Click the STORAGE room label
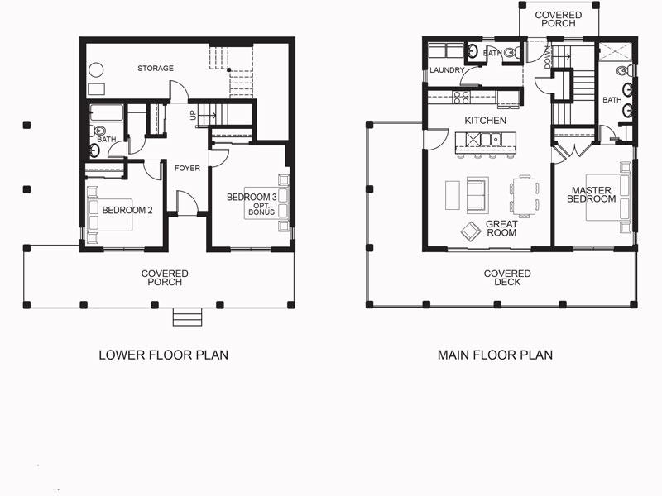[x=156, y=69]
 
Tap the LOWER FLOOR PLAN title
[x=163, y=355]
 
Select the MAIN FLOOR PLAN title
[x=495, y=355]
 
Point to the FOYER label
[x=187, y=169]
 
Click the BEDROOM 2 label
[x=127, y=210]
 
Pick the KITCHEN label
[x=485, y=121]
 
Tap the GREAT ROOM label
[x=501, y=229]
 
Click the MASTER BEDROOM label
[x=592, y=195]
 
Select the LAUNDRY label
[x=447, y=70]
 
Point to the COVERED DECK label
[x=507, y=278]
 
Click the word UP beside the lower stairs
[x=194, y=115]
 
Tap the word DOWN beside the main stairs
[x=548, y=58]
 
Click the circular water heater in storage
[x=96, y=69]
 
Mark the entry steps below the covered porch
[x=187, y=317]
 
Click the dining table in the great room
[x=525, y=195]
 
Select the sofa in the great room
[x=477, y=195]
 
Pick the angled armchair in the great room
[x=471, y=231]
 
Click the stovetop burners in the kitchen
[x=462, y=98]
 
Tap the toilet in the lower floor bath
[x=97, y=131]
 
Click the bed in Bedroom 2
[x=110, y=215]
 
